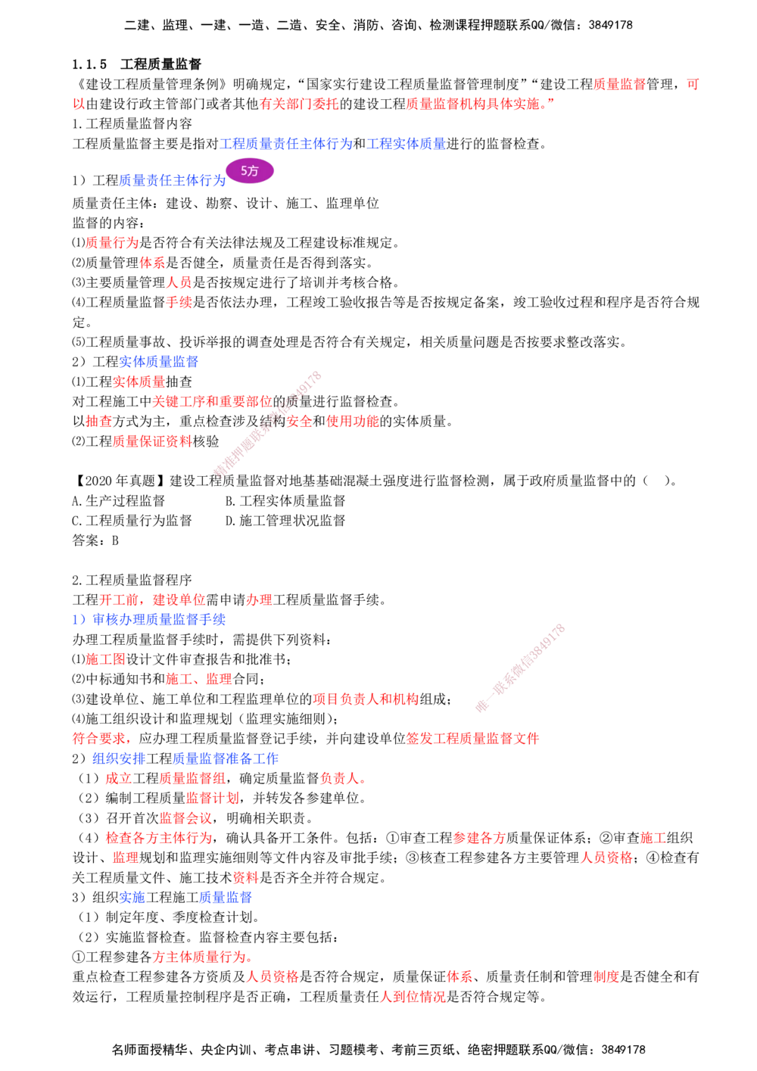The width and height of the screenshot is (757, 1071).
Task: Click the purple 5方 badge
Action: [x=250, y=171]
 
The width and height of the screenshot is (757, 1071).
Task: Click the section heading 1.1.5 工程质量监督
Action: [x=137, y=64]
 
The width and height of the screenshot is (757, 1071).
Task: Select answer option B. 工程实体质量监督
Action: [x=285, y=500]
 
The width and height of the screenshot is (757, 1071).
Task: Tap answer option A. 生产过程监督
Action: [x=118, y=500]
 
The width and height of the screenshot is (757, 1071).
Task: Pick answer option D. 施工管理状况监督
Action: [x=285, y=520]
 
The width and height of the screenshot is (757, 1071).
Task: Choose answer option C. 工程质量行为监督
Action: [x=132, y=520]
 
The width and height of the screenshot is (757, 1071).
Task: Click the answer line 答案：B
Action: [x=95, y=540]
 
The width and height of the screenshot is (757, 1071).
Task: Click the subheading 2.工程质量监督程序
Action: [x=132, y=580]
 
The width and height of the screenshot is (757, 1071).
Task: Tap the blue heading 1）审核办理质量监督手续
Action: [x=148, y=620]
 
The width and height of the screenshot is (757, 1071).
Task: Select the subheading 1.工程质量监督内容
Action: [x=132, y=124]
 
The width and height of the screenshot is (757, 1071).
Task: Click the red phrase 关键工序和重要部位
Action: [x=212, y=401]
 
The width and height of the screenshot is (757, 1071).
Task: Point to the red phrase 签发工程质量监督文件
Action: [x=472, y=739]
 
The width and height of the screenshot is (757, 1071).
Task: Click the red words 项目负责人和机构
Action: [x=366, y=699]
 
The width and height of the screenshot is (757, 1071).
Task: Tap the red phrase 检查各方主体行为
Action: [x=159, y=838]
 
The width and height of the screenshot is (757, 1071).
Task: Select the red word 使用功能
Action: [x=353, y=422]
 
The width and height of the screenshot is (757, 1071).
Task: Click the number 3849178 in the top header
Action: [x=610, y=25]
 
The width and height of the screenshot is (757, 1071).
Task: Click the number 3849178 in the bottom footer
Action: [x=623, y=1050]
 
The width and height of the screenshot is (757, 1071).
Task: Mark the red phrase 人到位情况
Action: [x=413, y=997]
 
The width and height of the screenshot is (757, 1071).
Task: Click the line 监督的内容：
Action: [x=108, y=223]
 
